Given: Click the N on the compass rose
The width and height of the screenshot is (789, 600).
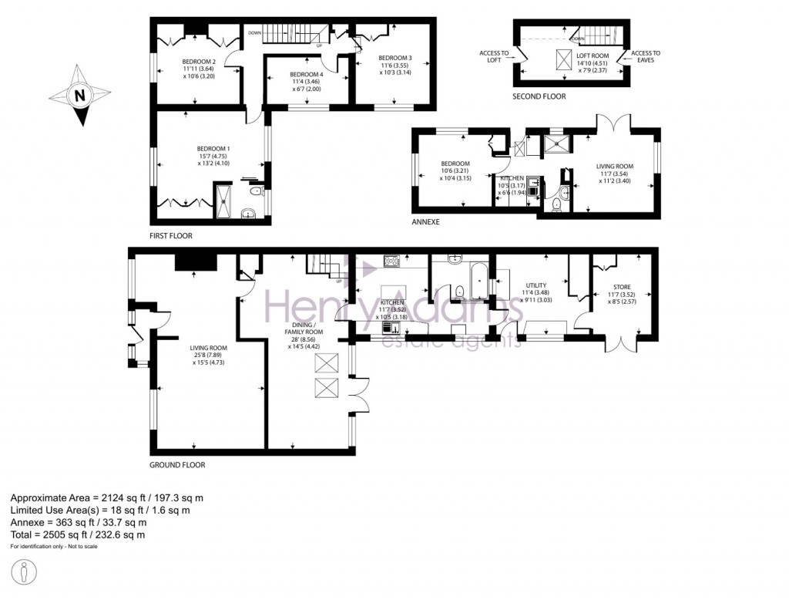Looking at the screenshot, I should (79, 96).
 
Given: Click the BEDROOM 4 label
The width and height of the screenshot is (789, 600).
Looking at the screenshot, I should (306, 74).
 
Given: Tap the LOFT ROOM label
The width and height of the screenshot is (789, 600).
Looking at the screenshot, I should (593, 56).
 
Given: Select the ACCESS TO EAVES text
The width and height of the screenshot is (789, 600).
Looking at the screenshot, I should (646, 56).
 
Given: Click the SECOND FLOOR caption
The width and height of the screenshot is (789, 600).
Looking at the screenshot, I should (539, 96).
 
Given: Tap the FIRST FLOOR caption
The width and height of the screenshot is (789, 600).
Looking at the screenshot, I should (171, 235).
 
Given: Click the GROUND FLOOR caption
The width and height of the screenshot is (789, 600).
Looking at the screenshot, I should (178, 465).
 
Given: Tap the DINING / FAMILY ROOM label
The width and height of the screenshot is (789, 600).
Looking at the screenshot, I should (304, 327).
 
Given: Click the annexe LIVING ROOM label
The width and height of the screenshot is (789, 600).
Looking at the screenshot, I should (614, 166).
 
